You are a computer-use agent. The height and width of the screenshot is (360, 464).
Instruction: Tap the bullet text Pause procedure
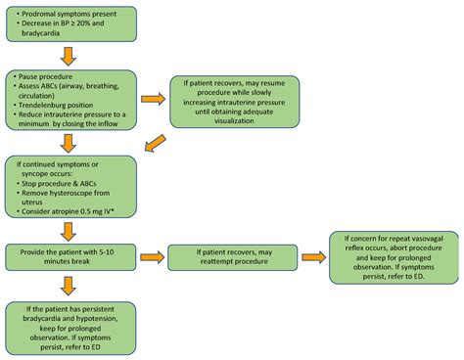coord(46,75)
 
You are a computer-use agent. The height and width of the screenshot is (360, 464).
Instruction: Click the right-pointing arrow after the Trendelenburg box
coord(153,100)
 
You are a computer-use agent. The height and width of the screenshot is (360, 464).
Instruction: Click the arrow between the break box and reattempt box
coord(152,257)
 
